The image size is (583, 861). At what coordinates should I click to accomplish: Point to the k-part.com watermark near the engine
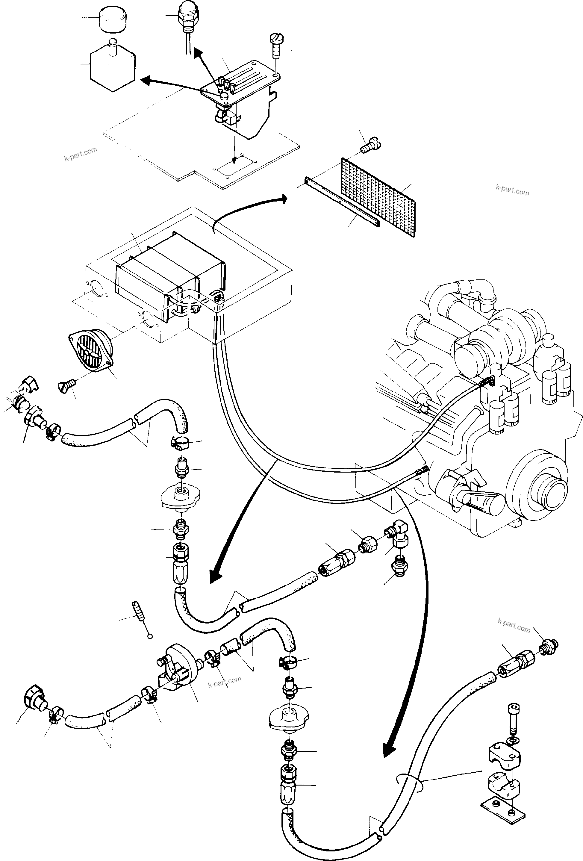click(x=512, y=190)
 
